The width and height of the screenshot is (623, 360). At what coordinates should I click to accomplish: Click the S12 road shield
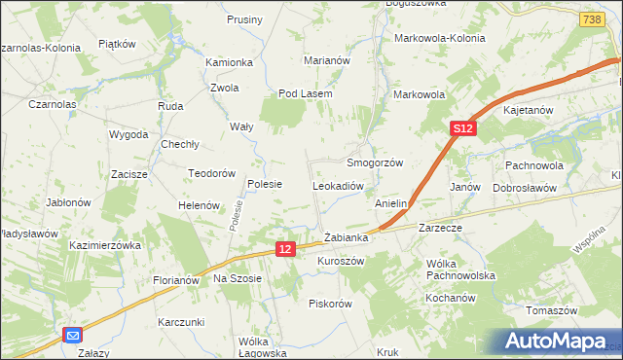tap(462, 128)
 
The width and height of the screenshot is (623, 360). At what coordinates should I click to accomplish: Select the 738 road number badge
tap(590, 19)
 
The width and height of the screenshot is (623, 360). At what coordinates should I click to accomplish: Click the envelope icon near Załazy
tap(73, 336)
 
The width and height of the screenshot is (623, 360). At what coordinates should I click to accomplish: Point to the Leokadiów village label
tap(338, 185)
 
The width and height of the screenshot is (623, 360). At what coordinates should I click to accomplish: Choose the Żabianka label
tap(346, 237)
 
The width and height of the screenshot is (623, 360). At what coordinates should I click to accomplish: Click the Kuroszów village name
tap(341, 262)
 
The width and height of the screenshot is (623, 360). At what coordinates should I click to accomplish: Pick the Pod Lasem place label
tap(306, 93)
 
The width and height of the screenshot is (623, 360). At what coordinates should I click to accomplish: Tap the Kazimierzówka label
tap(106, 246)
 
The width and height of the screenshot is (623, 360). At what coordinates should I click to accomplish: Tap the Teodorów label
tap(213, 173)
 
